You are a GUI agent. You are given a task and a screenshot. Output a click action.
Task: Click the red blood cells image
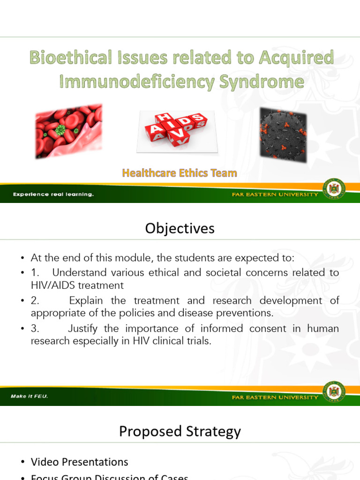68,131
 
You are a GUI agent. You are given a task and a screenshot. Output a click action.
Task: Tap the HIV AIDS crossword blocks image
177,132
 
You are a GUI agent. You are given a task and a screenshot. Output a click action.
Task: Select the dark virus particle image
283,135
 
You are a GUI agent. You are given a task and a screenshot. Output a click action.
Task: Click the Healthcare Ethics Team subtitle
180,173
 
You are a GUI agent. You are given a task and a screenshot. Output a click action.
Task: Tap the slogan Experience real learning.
53,194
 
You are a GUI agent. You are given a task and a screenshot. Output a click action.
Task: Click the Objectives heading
180,228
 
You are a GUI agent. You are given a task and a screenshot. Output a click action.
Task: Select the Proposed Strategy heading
180,431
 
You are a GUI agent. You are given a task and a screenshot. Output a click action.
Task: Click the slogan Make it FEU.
30,397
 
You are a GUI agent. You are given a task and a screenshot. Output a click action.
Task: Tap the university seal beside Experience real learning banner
334,188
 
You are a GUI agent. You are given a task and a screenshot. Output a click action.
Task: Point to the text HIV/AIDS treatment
77,285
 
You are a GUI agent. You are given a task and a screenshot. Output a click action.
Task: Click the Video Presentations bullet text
80,462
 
